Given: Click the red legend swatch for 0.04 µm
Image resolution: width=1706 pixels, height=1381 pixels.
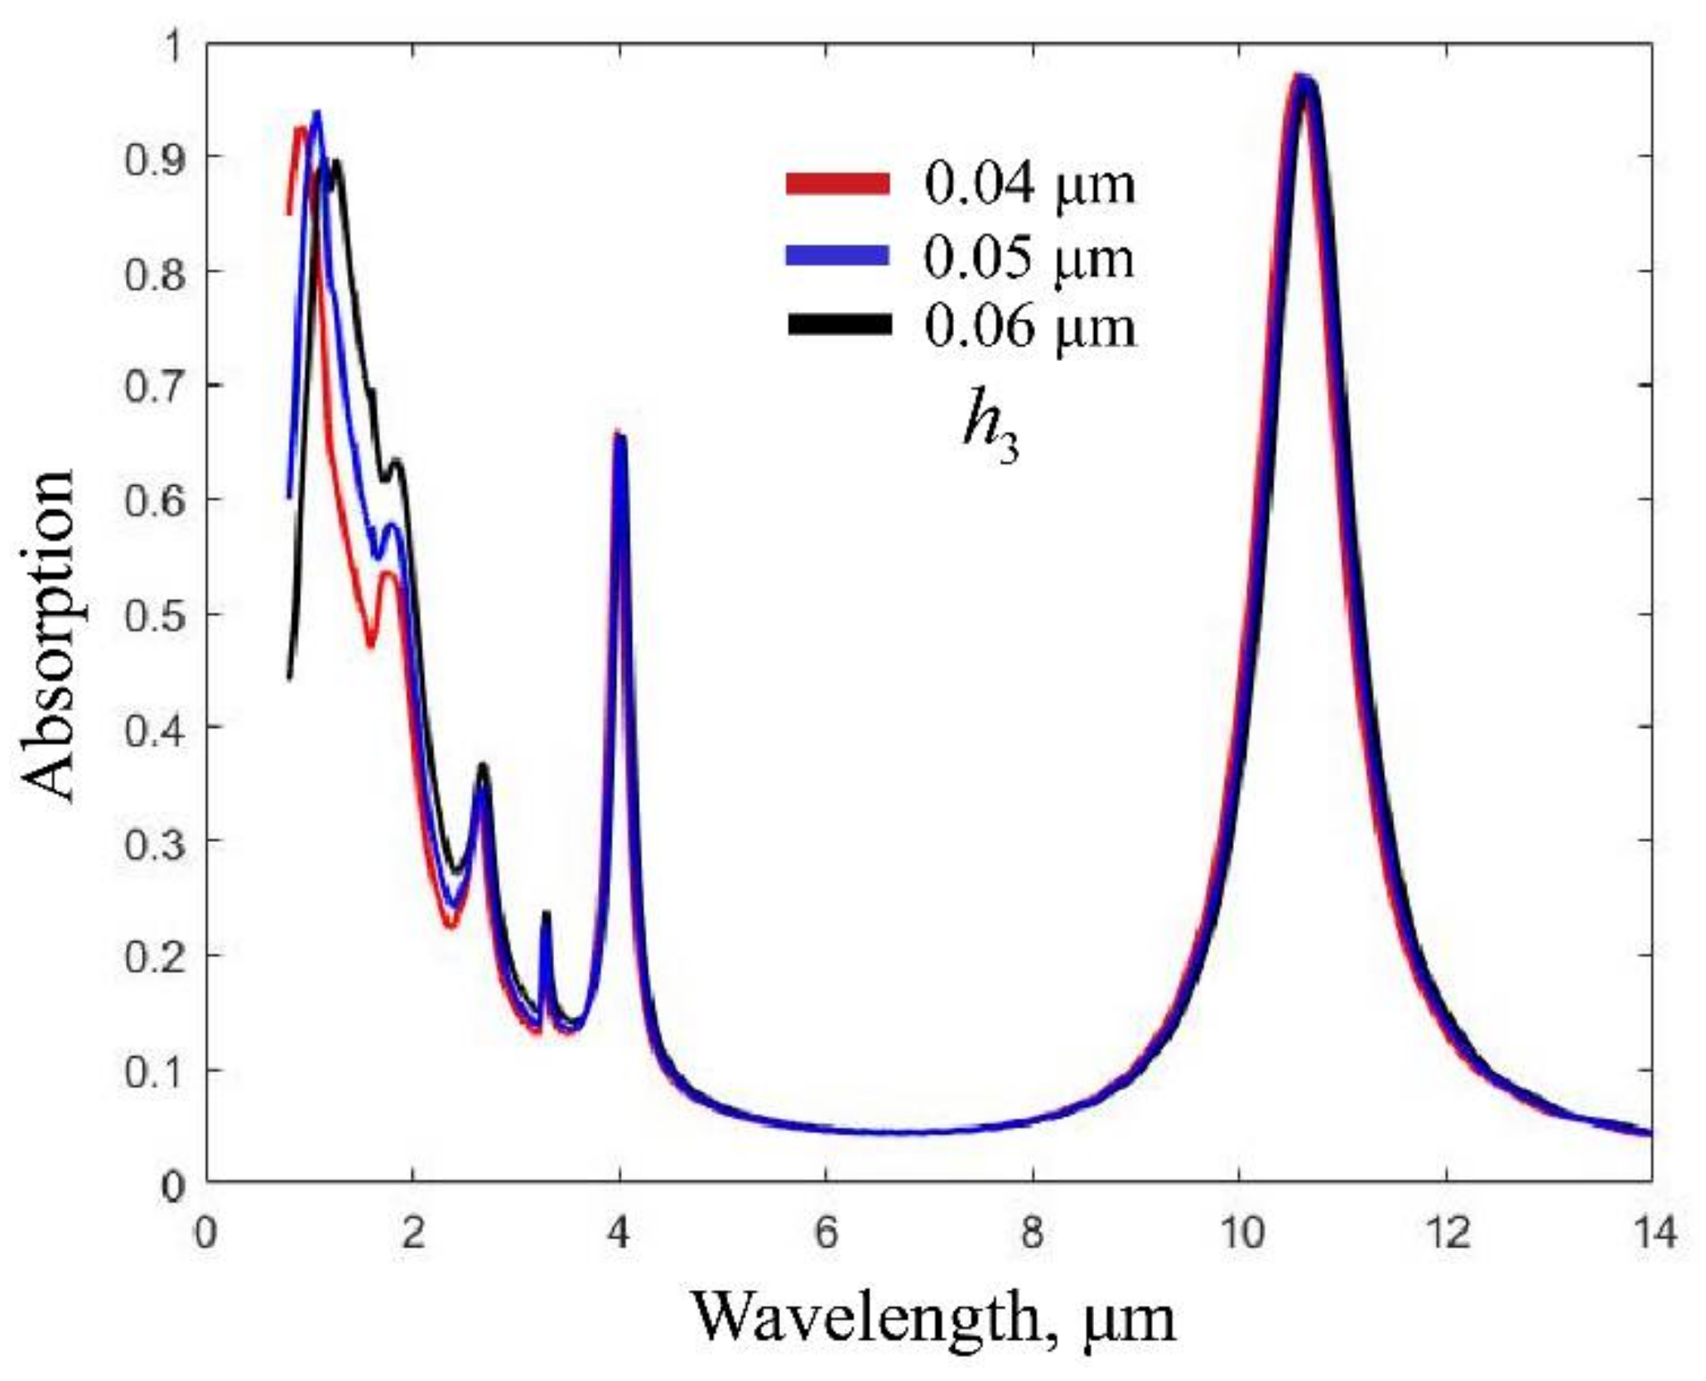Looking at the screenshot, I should [x=837, y=184].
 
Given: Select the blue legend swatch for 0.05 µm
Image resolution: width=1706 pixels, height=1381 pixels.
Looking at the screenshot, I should [x=837, y=256].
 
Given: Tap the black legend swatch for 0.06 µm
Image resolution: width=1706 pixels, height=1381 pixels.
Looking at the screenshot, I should [x=837, y=325].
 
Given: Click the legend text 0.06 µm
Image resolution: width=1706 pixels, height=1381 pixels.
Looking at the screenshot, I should [x=1030, y=326].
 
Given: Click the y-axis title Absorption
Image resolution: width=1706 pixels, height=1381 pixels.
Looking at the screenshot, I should [x=48, y=635].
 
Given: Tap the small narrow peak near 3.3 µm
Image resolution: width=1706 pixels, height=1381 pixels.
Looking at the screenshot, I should [x=546, y=913].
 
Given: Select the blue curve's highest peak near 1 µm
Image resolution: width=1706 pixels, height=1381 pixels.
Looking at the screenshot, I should [x=316, y=113].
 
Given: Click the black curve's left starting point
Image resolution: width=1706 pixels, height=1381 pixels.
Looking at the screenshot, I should [x=289, y=679].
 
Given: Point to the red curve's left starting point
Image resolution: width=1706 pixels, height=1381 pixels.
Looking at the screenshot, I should [x=289, y=214].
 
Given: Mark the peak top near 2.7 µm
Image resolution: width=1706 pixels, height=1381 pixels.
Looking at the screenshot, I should [x=483, y=766].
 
